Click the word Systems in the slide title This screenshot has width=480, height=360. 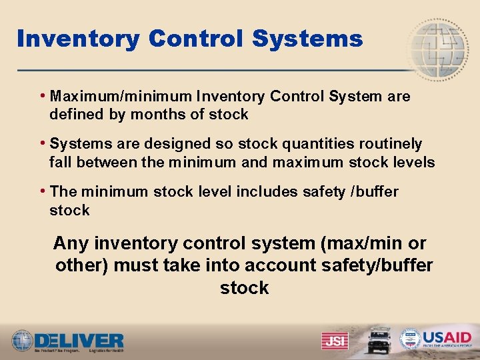tap(307, 39)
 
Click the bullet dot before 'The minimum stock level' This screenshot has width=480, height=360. tap(43, 191)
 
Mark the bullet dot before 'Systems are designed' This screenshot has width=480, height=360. tap(43, 143)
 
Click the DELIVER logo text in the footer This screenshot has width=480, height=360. tap(79, 339)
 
